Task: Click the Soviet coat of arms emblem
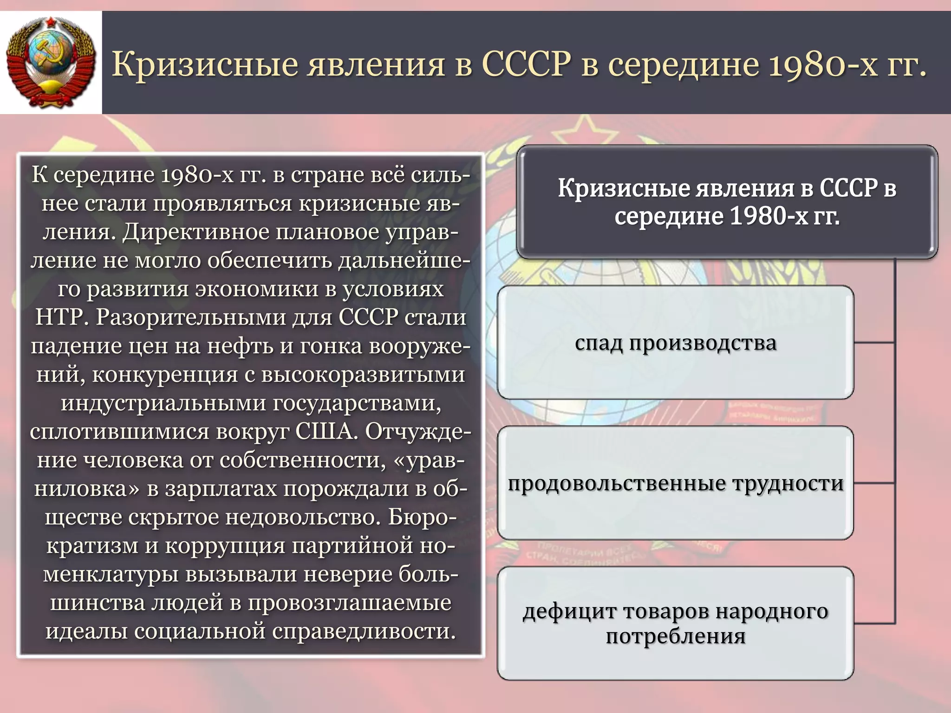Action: (51, 62)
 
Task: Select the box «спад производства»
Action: (675, 343)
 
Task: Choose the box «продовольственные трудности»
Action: (675, 483)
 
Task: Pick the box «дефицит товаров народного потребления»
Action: (675, 623)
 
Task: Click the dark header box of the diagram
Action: (727, 201)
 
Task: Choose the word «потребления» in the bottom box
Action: (675, 636)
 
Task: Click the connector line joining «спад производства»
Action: (874, 343)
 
